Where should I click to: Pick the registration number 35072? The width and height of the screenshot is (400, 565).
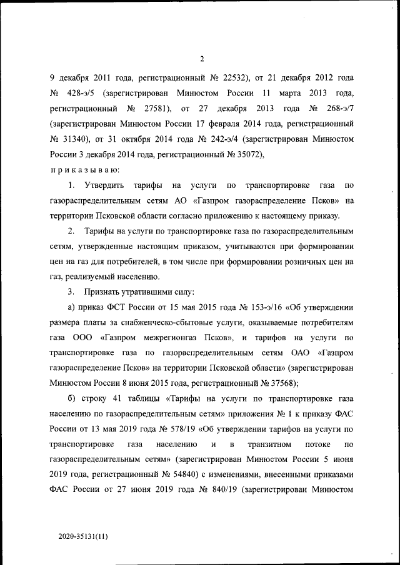(x=249, y=154)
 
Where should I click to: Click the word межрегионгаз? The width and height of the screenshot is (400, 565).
(x=156, y=337)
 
